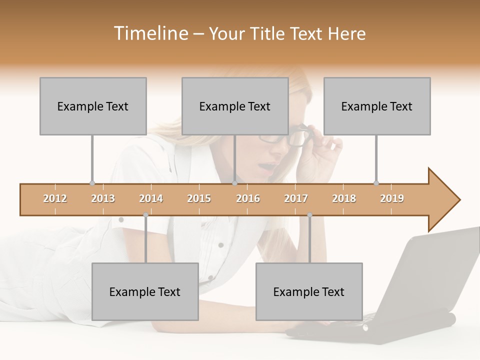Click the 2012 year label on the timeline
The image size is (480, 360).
tap(55, 198)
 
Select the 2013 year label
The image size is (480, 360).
tap(103, 198)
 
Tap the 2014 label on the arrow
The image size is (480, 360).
tap(151, 198)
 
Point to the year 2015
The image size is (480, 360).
tap(199, 198)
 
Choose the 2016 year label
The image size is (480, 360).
tap(248, 198)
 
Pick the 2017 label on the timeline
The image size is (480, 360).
tap(296, 198)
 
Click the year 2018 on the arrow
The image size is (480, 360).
tap(344, 198)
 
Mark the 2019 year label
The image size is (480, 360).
tap(392, 198)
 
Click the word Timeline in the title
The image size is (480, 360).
tap(150, 33)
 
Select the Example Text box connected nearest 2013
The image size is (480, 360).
tap(93, 106)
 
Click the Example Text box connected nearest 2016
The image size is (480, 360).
tap(235, 106)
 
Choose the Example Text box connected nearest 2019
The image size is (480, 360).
tap(377, 106)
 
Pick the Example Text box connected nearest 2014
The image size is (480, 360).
tap(145, 291)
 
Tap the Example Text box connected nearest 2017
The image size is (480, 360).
tap(309, 291)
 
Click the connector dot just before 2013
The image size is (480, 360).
tap(92, 183)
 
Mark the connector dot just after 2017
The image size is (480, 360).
tap(309, 215)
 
